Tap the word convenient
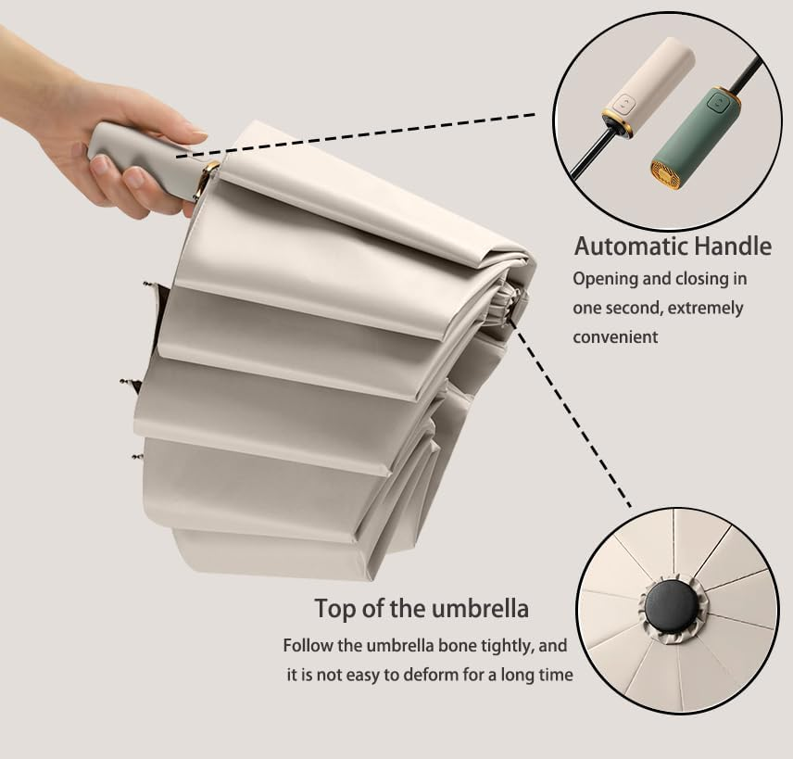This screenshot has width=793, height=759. [615, 337]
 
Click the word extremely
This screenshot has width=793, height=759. [703, 308]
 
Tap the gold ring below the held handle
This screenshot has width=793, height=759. [207, 181]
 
